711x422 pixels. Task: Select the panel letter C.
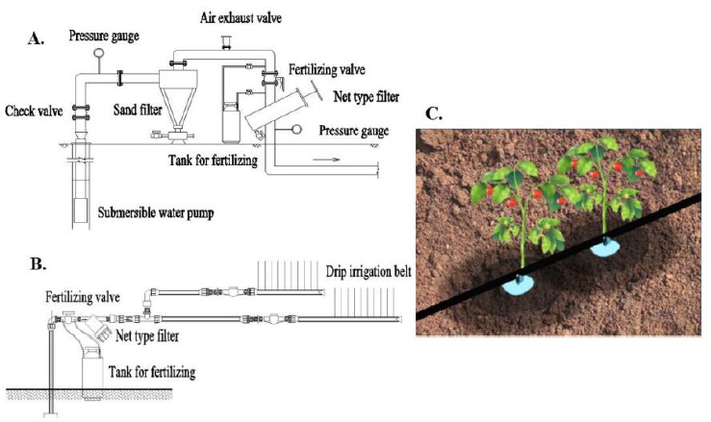pos(434,113)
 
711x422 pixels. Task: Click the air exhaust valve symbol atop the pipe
pos(228,39)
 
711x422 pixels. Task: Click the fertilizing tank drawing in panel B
pos(94,368)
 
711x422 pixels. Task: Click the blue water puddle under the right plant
pos(605,247)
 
